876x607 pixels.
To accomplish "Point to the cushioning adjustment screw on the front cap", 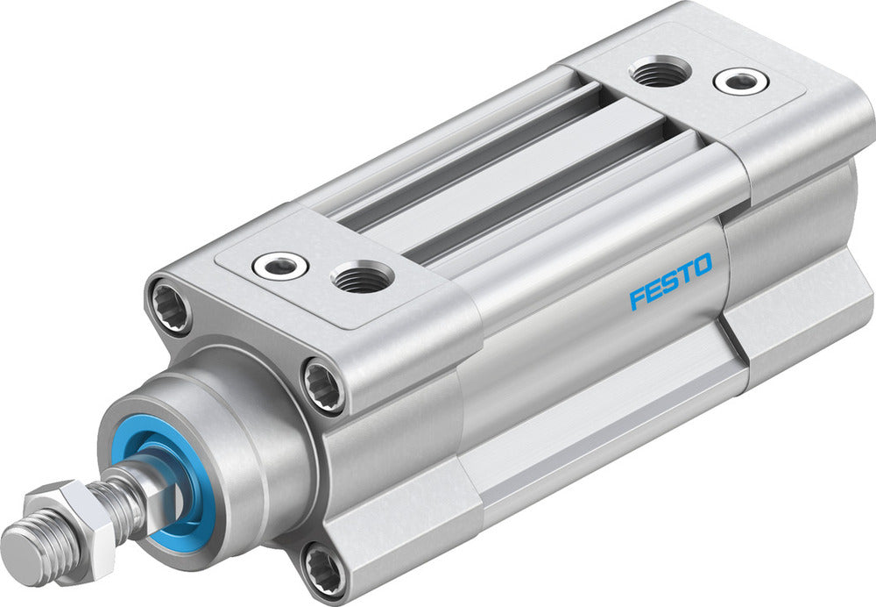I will pos(279,266).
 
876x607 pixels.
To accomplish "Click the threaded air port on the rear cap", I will pos(660,71).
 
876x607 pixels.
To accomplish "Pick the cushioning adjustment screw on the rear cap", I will pos(740,81).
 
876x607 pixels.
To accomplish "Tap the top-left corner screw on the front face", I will pos(171,305).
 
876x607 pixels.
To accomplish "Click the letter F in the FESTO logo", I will pos(637,298).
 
